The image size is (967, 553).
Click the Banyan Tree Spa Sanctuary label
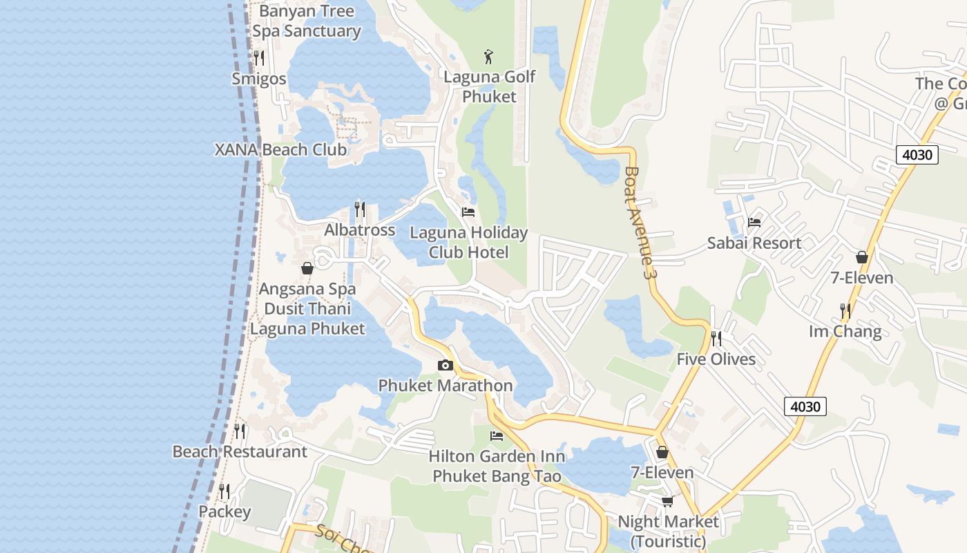tap(306, 21)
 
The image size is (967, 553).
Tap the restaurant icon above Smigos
tap(259, 57)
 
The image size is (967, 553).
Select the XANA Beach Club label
tap(280, 150)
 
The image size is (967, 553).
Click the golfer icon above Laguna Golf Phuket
tap(489, 55)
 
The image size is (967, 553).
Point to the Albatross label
tap(359, 230)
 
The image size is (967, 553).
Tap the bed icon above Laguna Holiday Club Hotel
tap(468, 212)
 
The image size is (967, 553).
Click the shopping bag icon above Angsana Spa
tap(307, 268)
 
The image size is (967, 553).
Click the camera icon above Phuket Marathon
tap(446, 365)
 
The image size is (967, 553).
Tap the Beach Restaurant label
tap(240, 452)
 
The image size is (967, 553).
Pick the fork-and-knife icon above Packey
tap(224, 491)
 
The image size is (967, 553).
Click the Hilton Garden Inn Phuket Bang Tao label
tap(497, 467)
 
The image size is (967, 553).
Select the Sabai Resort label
tap(754, 243)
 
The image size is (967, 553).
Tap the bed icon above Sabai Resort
tap(754, 223)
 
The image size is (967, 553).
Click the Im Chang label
tap(845, 332)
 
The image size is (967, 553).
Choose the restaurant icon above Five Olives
tap(716, 339)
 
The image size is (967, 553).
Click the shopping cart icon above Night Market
tap(667, 501)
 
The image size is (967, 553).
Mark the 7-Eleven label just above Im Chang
tap(861, 278)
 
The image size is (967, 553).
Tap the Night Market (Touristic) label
tap(668, 531)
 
